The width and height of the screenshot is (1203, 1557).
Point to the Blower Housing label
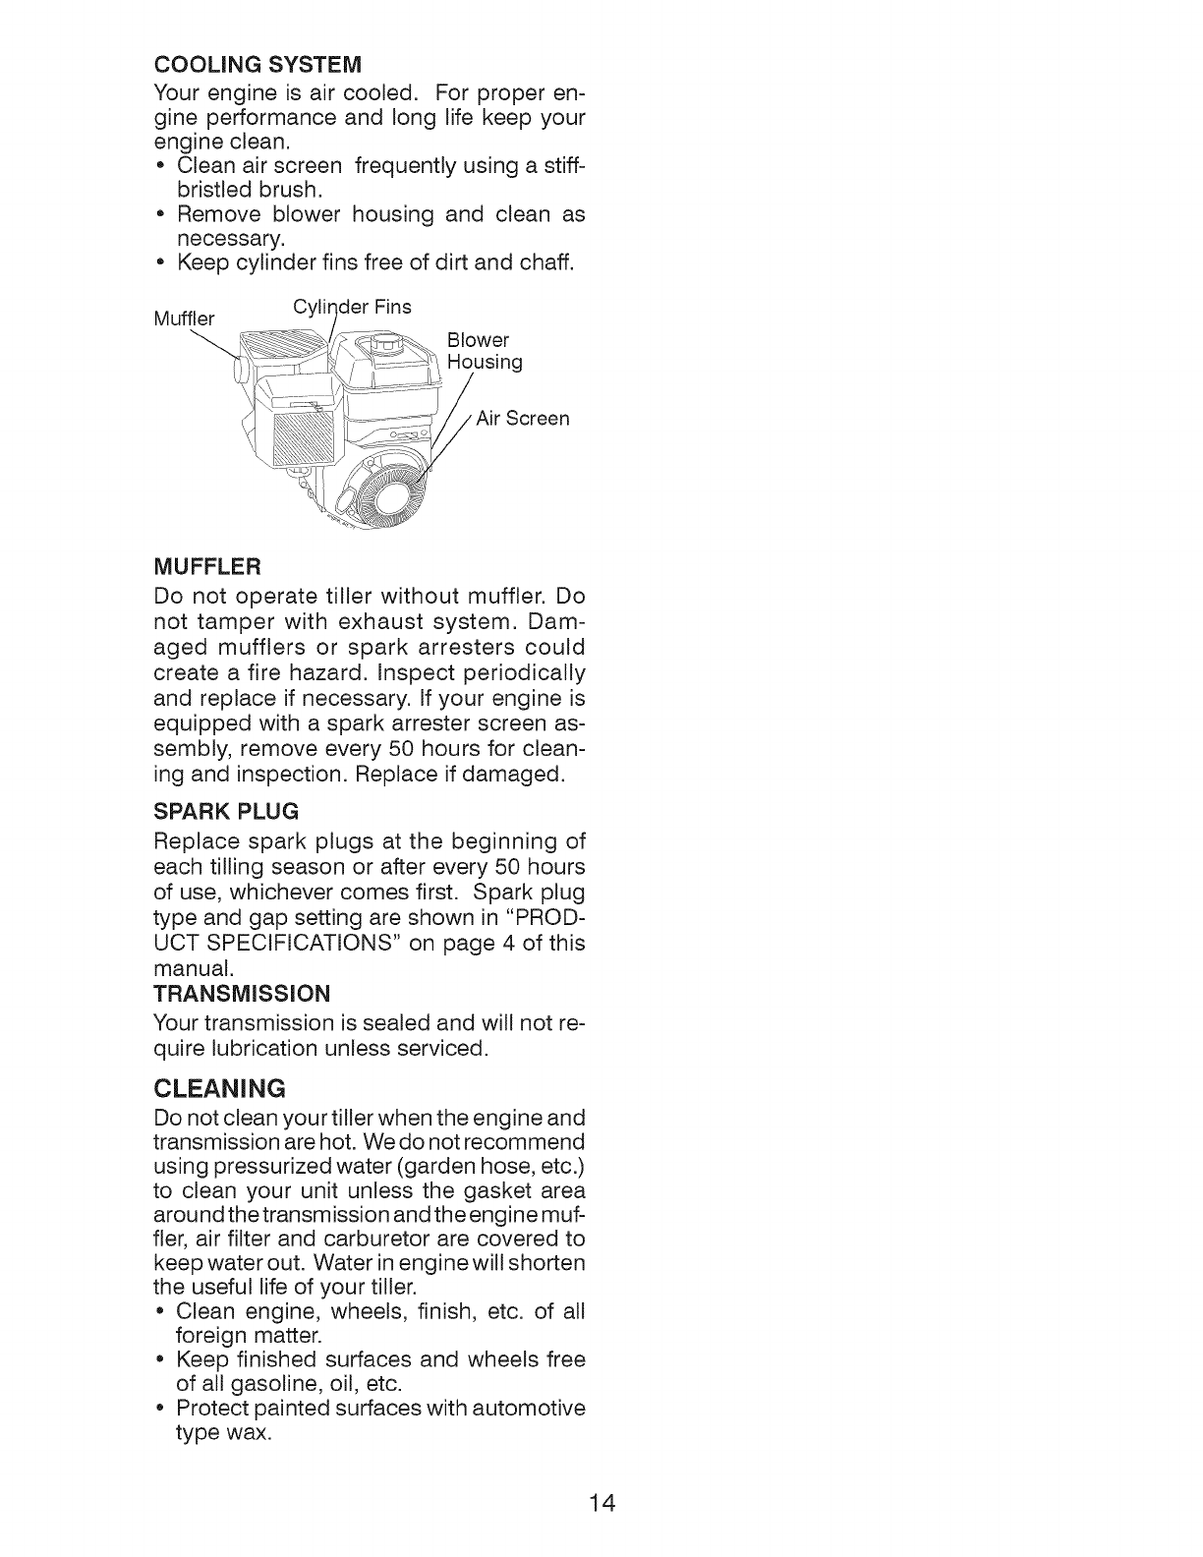[x=484, y=351]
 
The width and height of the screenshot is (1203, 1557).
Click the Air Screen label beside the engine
[x=522, y=419]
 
